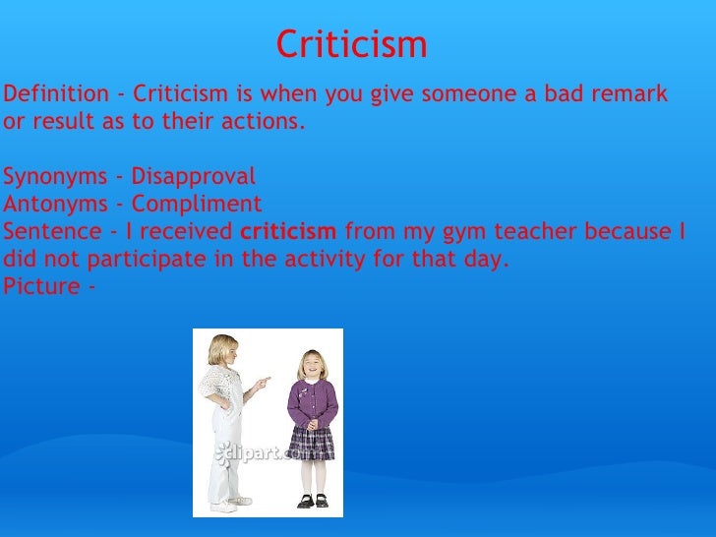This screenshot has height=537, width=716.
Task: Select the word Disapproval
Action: pos(193,177)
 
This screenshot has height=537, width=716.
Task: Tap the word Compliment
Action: pos(197,205)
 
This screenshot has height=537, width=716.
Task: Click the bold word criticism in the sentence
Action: pos(288,232)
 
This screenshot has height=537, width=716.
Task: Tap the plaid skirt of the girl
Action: pos(312,443)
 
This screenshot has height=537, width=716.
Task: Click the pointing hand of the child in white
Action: pos(263,381)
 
